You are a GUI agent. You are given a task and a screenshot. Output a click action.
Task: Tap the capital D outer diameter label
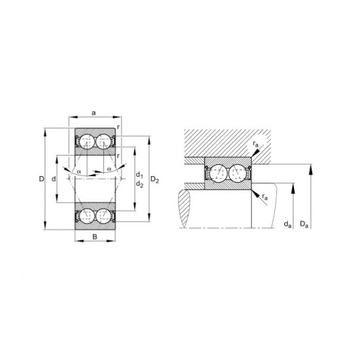point(40,178)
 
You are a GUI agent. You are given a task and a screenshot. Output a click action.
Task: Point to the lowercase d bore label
point(52,178)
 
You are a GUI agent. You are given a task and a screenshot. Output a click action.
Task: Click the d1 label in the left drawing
point(139,175)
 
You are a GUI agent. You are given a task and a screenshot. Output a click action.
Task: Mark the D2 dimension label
point(155,178)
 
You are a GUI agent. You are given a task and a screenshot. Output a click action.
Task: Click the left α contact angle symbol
point(79,171)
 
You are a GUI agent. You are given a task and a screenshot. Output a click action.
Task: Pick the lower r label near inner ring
point(117,156)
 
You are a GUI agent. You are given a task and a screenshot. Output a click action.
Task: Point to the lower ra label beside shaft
point(264,196)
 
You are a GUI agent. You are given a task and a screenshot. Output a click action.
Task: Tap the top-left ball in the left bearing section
point(85,141)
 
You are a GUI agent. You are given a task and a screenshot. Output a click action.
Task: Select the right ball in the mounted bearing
point(239,173)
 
